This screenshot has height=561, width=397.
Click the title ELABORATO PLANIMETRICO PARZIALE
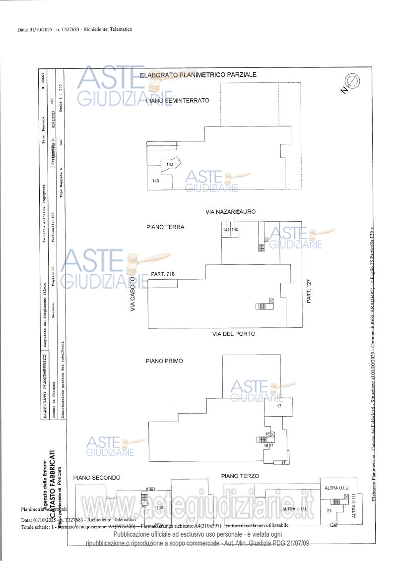198,74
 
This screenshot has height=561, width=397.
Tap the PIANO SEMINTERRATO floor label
178,100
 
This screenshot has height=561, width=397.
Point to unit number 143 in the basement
156,181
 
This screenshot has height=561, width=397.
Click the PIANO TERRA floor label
165,227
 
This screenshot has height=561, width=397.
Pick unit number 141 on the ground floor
226,230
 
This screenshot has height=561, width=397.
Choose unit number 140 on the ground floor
235,230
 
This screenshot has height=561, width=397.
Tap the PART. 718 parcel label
163,273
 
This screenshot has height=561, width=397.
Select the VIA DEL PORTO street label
234,334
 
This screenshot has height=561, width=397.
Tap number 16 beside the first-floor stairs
267,434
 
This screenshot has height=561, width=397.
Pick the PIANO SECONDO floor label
97,478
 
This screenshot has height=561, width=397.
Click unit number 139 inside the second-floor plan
160,508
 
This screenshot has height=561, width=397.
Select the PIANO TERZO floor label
240,476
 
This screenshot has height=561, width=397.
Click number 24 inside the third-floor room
329,510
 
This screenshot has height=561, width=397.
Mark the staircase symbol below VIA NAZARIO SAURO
261,247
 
